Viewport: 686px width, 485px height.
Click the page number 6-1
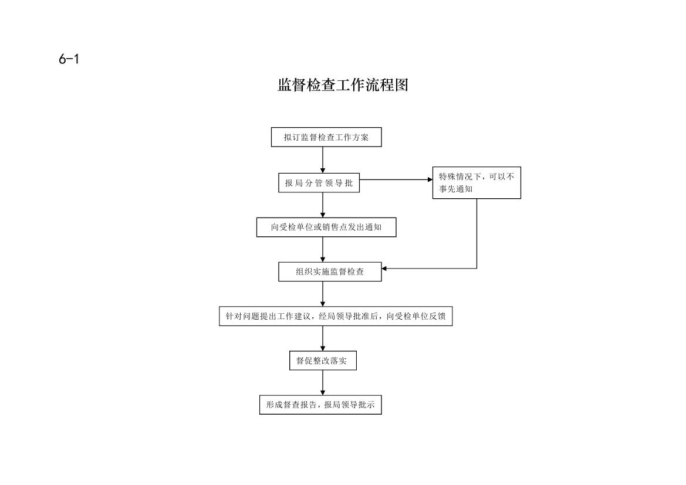coord(69,59)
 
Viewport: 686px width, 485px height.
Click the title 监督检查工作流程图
coord(343,85)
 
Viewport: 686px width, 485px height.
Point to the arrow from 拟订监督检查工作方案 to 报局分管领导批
coord(323,160)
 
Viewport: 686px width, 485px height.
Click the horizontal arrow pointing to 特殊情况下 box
coord(396,179)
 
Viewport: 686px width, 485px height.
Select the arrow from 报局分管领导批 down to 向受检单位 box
coord(323,205)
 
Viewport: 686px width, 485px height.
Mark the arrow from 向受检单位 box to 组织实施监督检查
coord(323,249)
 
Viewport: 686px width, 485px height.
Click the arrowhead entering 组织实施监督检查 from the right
coord(384,269)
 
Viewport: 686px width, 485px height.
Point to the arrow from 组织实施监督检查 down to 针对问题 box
coord(323,294)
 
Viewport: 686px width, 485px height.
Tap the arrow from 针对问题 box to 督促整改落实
coord(323,338)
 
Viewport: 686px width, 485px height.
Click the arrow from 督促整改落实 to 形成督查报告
coord(323,383)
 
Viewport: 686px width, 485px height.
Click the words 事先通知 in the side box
coord(455,189)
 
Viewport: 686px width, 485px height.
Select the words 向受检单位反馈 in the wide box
coord(415,316)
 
